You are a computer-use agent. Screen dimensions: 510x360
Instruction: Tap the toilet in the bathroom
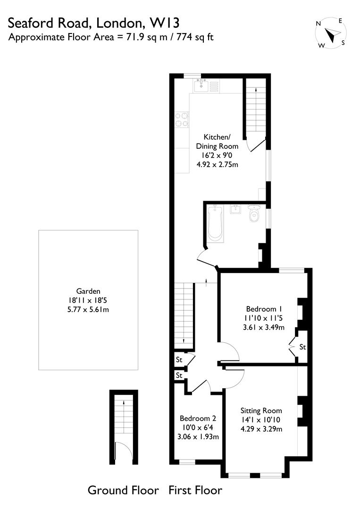coord(254,214)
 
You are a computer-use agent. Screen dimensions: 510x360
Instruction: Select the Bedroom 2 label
coord(198,418)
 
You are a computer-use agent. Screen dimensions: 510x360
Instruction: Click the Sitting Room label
coord(261,410)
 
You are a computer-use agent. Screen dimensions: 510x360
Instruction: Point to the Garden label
coord(89,291)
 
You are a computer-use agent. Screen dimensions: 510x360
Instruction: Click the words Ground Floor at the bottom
coord(123,490)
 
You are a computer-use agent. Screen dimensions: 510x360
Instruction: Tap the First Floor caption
coord(195,490)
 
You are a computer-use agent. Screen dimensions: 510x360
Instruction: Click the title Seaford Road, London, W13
coord(94,23)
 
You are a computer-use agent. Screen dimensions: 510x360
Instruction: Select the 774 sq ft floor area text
coord(195,37)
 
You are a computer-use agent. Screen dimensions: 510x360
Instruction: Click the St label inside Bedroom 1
coord(302,347)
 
